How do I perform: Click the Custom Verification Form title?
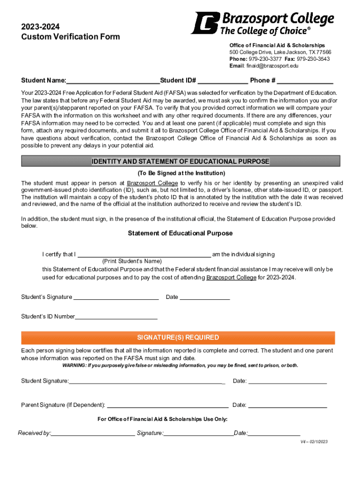71,36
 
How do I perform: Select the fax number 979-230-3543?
313,59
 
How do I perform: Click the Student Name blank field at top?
113,80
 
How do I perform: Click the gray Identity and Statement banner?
180,161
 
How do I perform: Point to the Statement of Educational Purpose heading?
180,233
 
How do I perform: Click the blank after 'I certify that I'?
144,254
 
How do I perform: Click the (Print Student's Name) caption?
132,261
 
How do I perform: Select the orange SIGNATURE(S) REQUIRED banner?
178,338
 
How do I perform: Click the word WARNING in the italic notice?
74,365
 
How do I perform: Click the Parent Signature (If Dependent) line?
168,405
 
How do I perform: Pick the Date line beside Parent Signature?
287,405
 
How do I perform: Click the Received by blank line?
93,433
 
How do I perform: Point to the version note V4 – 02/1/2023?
314,442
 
